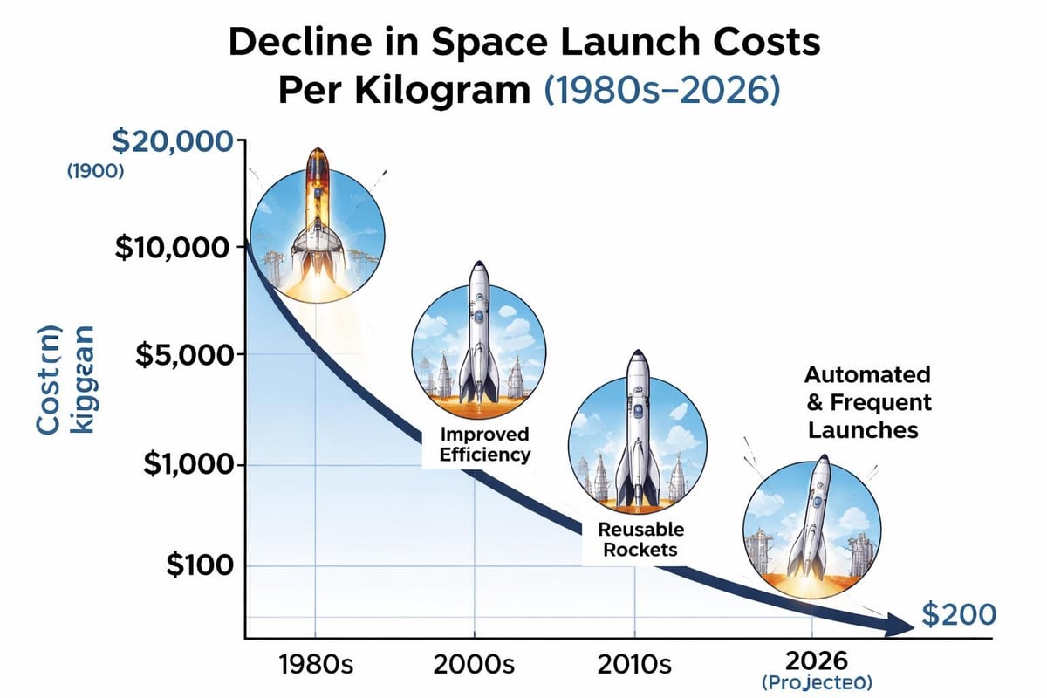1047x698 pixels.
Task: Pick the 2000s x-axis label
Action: [x=476, y=665]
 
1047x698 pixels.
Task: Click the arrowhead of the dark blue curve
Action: [x=899, y=626]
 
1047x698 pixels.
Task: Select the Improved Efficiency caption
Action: [x=485, y=444]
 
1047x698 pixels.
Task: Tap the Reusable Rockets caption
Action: [x=641, y=539]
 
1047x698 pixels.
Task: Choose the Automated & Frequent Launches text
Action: [x=867, y=402]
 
